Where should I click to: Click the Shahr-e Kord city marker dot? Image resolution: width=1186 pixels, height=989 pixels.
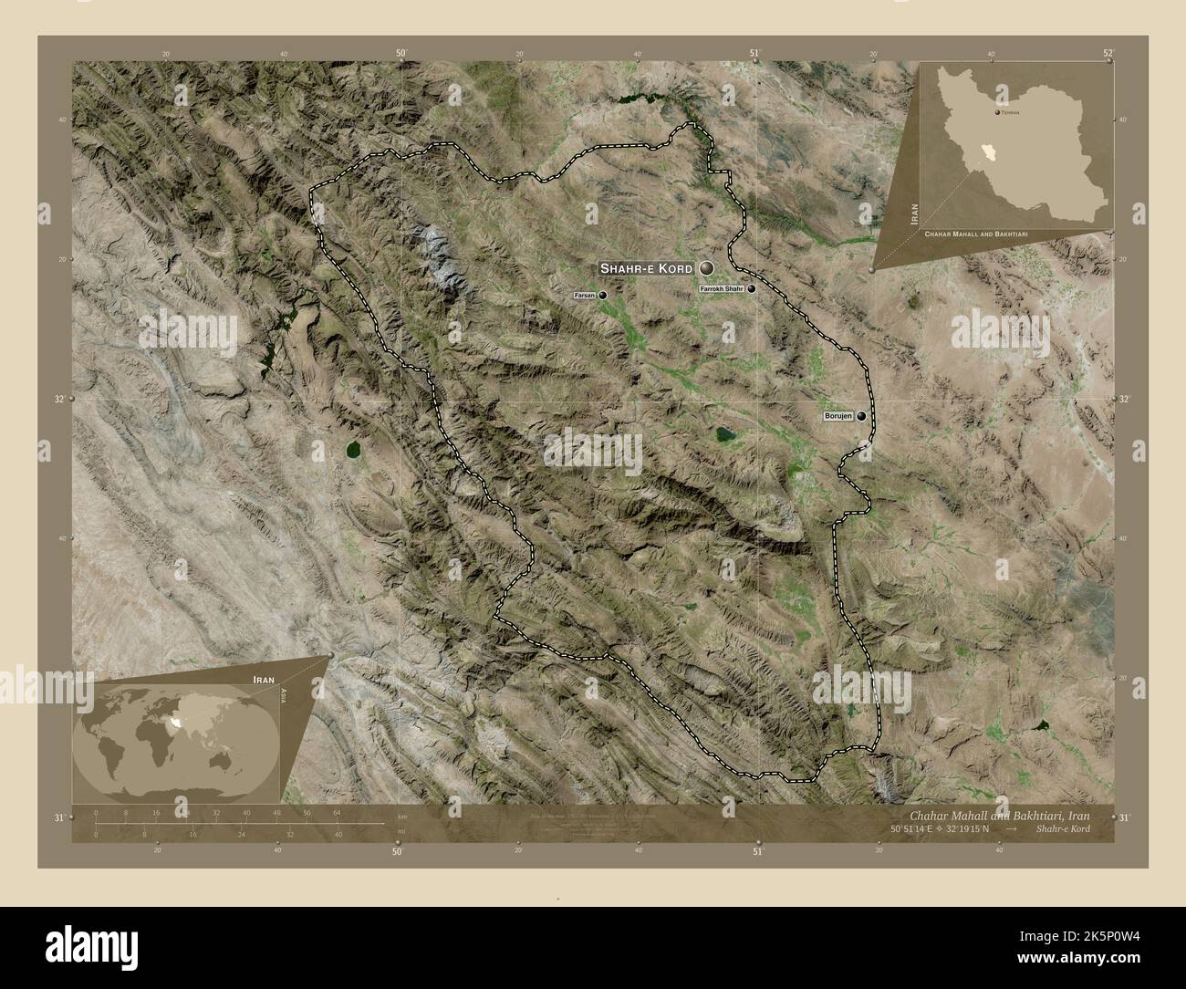[x=707, y=268]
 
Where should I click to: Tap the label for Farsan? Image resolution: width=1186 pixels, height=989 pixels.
[x=585, y=296]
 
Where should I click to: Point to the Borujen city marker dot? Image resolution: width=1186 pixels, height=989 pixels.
[x=861, y=416]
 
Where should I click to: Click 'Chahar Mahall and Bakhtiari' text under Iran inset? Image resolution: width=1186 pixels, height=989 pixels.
[x=976, y=235]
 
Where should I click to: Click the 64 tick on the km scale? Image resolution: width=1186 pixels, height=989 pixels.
[x=337, y=812]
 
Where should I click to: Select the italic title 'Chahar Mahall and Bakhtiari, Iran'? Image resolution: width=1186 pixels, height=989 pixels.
[x=997, y=814]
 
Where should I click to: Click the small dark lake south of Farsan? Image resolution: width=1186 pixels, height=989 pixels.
[x=724, y=434]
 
